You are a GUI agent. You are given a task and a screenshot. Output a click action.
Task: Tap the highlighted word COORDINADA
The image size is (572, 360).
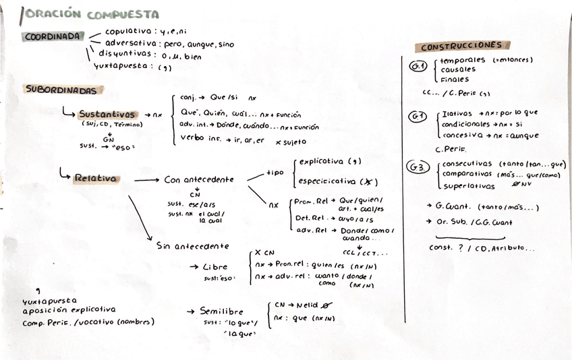tap(53, 36)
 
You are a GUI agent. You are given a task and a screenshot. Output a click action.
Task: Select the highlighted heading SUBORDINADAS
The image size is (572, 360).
tap(64, 89)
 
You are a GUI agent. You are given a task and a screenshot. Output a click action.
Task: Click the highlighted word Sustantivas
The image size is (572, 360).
tap(107, 115)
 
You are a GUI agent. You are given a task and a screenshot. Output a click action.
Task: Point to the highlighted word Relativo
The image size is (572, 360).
tap(95, 179)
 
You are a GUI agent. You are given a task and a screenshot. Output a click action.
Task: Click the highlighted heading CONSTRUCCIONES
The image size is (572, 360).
tap(461, 46)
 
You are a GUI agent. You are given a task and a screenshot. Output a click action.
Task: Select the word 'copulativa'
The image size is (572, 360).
tap(128, 31)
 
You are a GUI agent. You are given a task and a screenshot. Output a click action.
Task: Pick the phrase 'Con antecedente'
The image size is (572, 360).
tap(198, 180)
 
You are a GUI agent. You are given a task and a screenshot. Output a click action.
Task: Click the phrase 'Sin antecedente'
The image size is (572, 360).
tap(192, 246)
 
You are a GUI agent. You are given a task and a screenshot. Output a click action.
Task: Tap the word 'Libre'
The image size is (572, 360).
tap(215, 267)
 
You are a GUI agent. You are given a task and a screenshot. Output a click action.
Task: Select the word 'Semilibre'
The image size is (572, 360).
tap(225, 311)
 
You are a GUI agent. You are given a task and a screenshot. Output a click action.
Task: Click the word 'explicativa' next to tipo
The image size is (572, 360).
tap(320, 162)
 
